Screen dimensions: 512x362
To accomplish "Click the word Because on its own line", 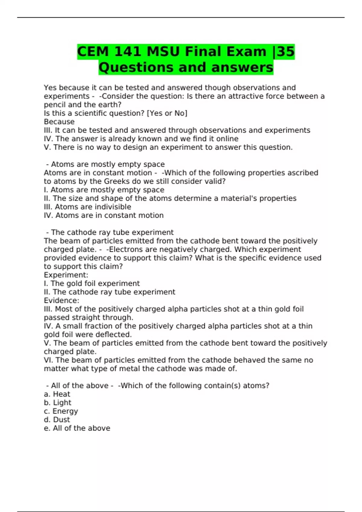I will click(x=59, y=122).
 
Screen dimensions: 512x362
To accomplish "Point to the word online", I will click(x=227, y=139).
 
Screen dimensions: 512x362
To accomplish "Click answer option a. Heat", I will click(x=57, y=394).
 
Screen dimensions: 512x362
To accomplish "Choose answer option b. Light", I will click(x=58, y=403).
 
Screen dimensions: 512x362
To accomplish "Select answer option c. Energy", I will click(x=61, y=411).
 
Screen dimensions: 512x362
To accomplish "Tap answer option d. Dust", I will click(x=57, y=420).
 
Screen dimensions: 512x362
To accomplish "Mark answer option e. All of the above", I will click(x=77, y=428).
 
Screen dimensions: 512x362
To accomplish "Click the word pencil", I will click(x=55, y=105).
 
